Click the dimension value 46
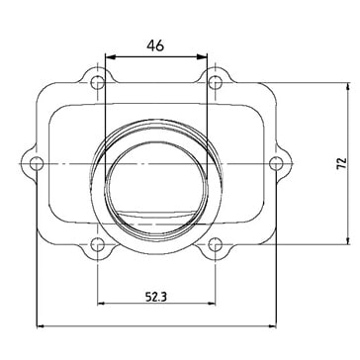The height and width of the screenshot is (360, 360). [x=155, y=45]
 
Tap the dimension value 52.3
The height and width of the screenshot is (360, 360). [x=156, y=298]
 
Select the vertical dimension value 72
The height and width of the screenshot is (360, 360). [x=342, y=163]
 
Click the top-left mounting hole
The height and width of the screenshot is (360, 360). [x=98, y=82]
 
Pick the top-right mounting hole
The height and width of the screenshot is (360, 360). [x=215, y=82]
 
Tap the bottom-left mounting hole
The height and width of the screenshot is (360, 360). [x=98, y=244]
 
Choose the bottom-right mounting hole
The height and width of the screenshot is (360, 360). [x=215, y=244]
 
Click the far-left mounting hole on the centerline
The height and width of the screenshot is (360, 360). [x=37, y=163]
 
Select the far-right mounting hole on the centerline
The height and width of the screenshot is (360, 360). [x=276, y=163]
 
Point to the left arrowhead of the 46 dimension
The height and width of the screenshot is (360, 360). [x=110, y=57]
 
